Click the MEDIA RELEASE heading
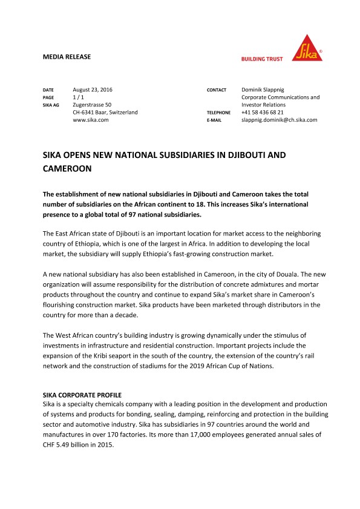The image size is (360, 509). click(67, 57)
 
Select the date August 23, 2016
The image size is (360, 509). click(93, 90)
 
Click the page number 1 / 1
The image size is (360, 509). click(79, 97)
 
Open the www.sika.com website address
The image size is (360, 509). click(90, 120)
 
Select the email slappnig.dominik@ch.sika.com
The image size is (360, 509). click(279, 120)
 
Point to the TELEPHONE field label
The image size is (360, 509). click(218, 113)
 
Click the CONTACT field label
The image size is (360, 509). click(217, 90)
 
